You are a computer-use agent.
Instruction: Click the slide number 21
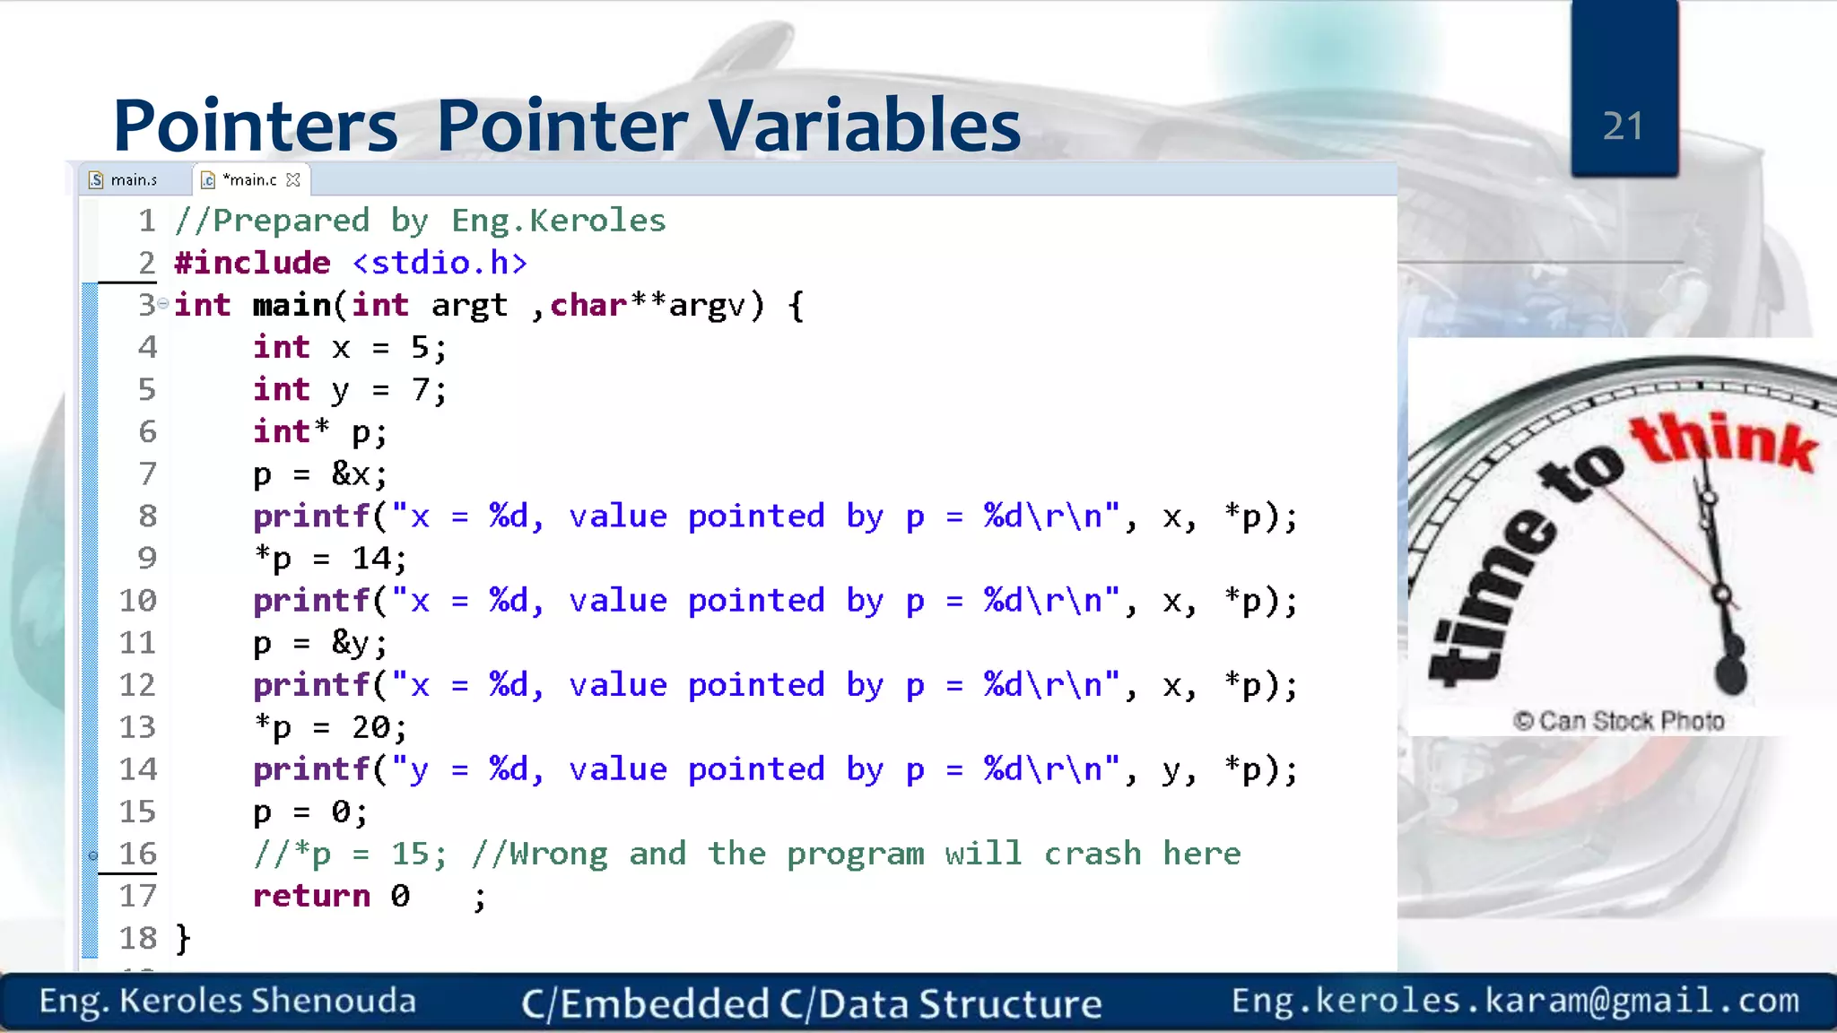[1623, 126]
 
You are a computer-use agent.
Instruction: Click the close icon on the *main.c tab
[293, 180]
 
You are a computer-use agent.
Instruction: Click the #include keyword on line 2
[252, 263]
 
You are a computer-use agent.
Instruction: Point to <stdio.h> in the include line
[440, 263]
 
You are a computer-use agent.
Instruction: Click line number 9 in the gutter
[147, 558]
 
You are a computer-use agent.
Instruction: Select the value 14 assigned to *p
[370, 558]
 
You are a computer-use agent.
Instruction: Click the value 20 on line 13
[370, 726]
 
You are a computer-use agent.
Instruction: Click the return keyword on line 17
[311, 895]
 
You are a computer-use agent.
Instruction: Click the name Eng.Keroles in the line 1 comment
[558, 221]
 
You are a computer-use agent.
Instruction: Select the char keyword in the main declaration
[588, 305]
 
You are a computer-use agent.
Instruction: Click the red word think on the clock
[1722, 441]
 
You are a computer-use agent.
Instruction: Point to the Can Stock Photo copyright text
[1618, 721]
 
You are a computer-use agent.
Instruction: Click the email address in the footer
[1515, 1000]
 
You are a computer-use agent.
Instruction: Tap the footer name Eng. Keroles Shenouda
[228, 1001]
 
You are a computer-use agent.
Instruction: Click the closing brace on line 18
[183, 938]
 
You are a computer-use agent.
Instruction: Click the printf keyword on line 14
[311, 768]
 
